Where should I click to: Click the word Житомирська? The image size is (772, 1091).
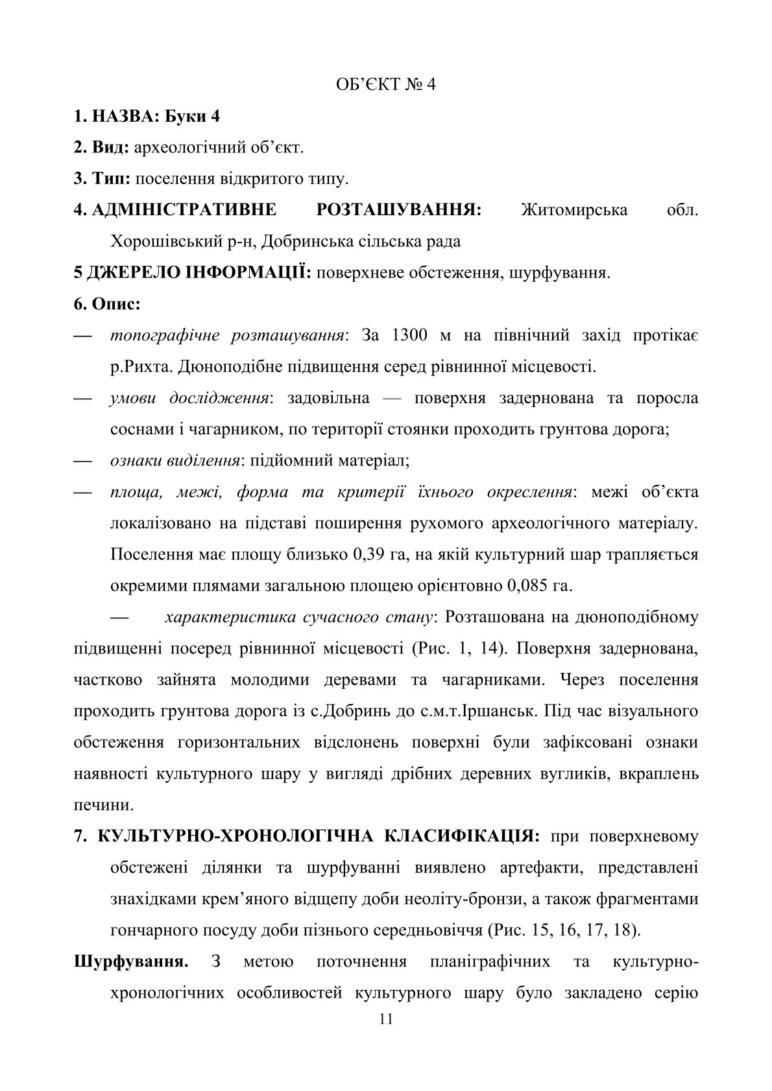coord(574,210)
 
